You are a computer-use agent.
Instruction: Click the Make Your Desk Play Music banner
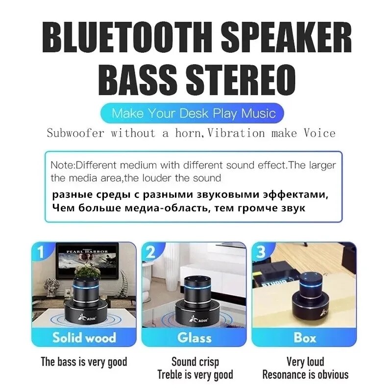[194, 114]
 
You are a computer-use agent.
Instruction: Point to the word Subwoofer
[75, 133]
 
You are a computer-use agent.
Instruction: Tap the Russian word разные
[69, 195]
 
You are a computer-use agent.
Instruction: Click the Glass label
[195, 338]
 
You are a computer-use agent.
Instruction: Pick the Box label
[305, 338]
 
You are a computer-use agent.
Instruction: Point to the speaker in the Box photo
[310, 299]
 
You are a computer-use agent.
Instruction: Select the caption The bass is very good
[84, 362]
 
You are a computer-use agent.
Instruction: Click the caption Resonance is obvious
[305, 375]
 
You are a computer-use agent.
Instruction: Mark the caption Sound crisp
[195, 362]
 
